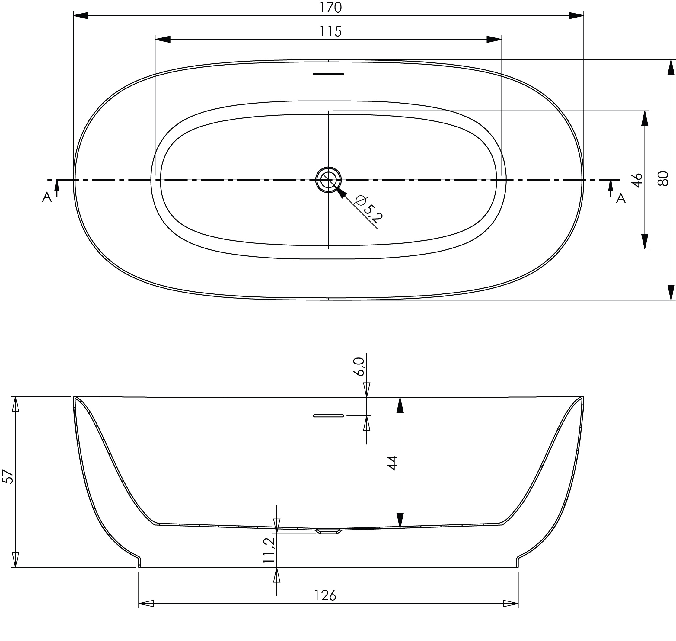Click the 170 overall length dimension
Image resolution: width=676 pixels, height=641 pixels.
(330, 8)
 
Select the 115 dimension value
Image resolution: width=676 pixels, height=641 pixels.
(330, 31)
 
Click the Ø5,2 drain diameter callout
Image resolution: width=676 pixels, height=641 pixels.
(369, 209)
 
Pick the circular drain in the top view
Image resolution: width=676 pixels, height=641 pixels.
(328, 180)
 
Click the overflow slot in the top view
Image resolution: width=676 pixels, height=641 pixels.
(328, 74)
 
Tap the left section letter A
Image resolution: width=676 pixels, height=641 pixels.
(47, 197)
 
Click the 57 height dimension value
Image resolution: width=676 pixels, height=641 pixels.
(8, 476)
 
